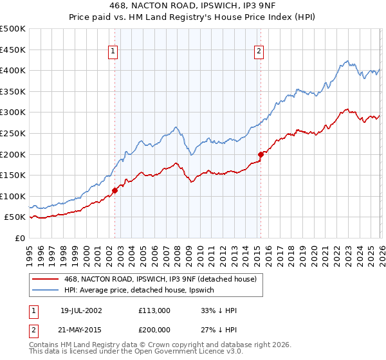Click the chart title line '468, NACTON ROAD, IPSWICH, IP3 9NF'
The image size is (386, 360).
[193, 7]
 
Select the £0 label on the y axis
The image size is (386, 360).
[20, 238]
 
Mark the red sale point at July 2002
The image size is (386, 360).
[115, 190]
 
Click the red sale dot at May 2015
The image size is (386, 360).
[261, 154]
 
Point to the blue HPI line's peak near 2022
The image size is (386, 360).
[347, 62]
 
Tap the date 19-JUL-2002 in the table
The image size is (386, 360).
[81, 310]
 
